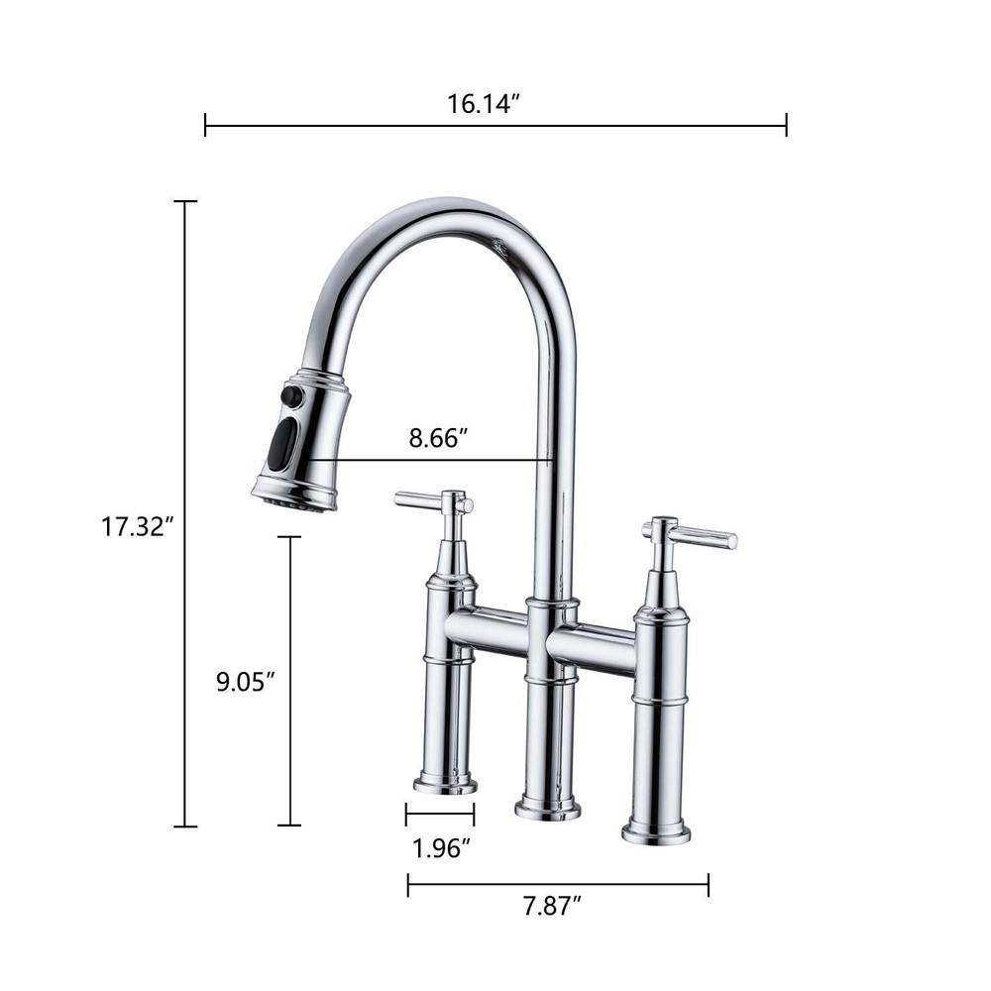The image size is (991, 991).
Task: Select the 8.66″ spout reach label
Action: [437, 438]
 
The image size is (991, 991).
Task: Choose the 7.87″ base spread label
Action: [553, 904]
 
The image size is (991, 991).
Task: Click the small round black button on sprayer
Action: [290, 395]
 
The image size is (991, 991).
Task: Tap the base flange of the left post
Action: [445, 785]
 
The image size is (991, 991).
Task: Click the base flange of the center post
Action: [548, 809]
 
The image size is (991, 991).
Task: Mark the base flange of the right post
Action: [656, 832]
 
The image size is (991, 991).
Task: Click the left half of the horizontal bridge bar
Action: [486, 631]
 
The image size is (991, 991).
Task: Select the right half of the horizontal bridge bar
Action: [592, 649]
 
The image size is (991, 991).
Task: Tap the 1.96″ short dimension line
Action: [440, 815]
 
